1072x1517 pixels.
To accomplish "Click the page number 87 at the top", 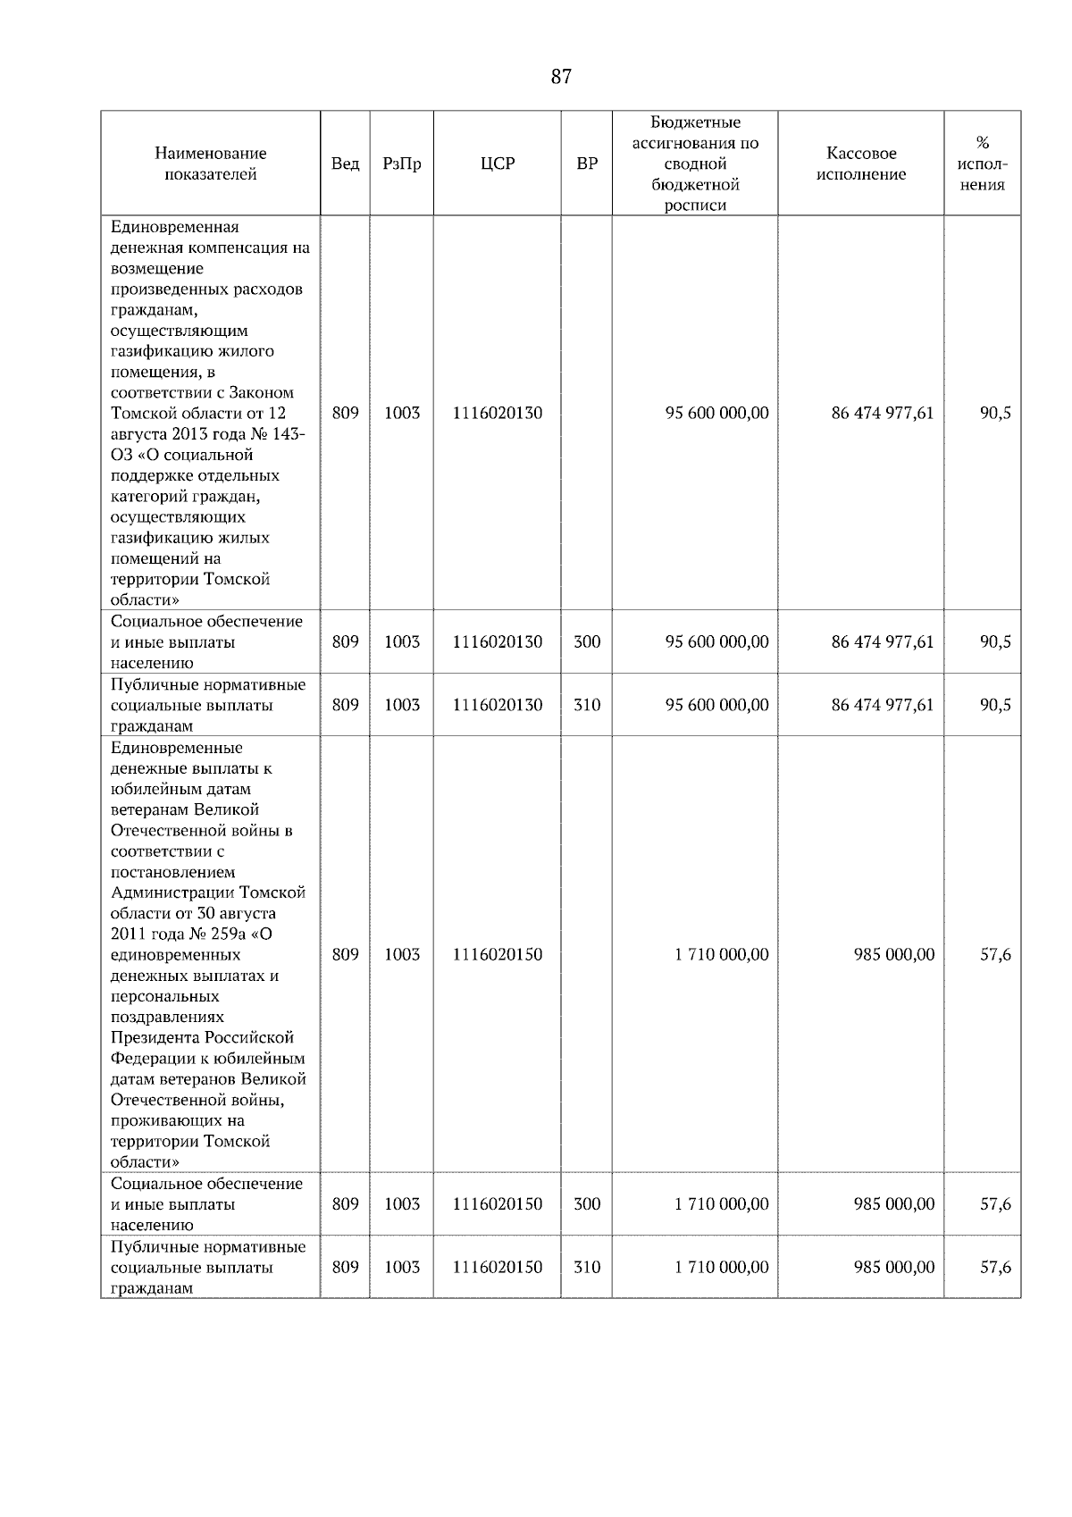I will [560, 77].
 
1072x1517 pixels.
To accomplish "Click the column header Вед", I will [345, 163].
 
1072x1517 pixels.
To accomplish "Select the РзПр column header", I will [401, 163].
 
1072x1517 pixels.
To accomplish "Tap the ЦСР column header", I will [497, 163].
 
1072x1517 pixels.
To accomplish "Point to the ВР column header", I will [587, 163].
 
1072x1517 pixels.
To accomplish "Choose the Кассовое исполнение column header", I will [860, 163].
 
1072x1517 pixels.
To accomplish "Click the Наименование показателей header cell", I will [210, 163].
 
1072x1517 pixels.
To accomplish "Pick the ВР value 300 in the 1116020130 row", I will [587, 641].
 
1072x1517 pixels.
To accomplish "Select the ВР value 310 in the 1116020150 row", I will [587, 1267].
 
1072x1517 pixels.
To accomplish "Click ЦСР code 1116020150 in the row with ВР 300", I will [497, 1203].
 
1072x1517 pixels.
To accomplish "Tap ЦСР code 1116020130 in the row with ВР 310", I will [497, 705].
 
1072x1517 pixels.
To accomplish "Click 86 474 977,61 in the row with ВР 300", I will [882, 641].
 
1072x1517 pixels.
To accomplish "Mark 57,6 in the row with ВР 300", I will [995, 1203].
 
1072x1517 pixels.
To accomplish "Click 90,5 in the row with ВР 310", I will [995, 705].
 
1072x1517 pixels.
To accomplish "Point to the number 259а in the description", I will [233, 934].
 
